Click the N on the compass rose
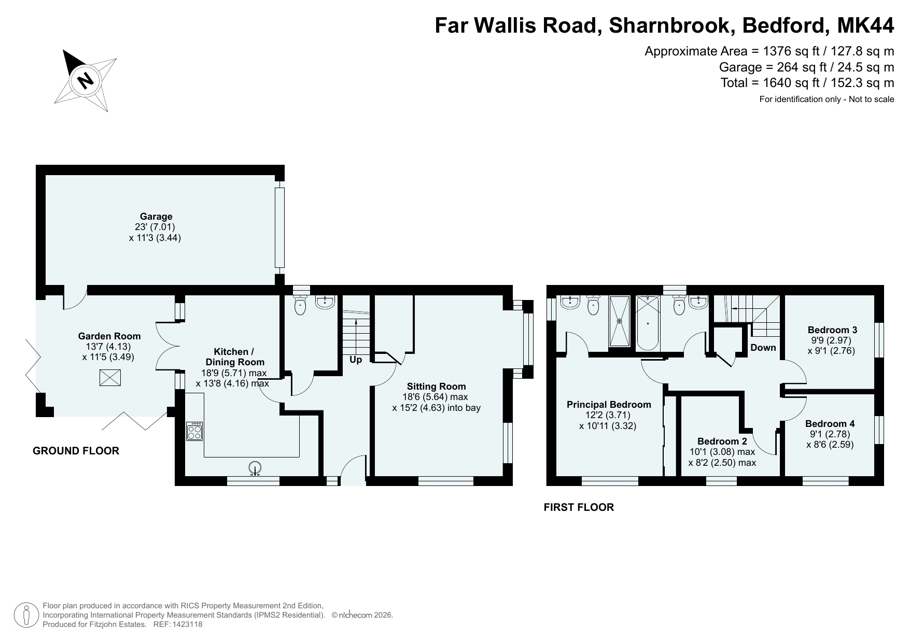pos(86,80)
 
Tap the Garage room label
pos(156,217)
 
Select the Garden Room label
pos(109,336)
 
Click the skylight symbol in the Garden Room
pos(110,378)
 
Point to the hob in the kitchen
pos(194,431)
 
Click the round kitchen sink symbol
pos(255,468)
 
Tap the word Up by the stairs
pos(356,359)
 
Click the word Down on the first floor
pos(763,347)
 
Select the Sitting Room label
pos(437,386)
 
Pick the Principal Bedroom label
pos(609,404)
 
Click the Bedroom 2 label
pos(722,441)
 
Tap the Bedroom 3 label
pos(833,330)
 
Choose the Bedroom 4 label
pos(830,423)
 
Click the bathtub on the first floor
pos(648,322)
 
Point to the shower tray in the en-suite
pos(619,321)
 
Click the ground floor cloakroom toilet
pos(300,305)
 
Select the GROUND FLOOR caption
pos(76,451)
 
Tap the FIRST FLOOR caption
pos(579,507)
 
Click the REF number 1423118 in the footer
pos(188,624)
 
